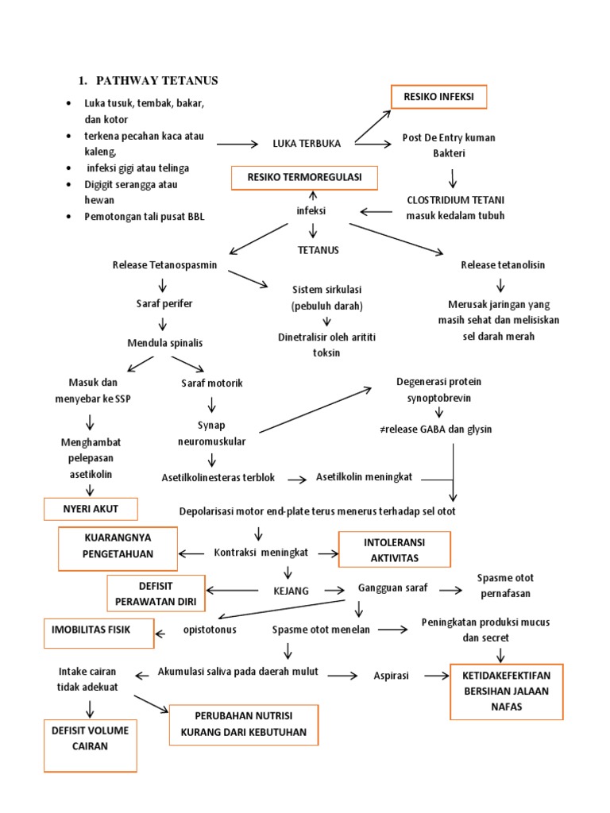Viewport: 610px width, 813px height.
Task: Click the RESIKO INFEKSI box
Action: point(438,97)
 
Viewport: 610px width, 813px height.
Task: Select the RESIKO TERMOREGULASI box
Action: point(304,178)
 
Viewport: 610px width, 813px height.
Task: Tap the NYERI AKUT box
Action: point(91,508)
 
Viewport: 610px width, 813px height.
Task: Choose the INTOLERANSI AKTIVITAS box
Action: point(394,549)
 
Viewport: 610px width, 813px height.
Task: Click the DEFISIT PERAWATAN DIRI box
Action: point(156,593)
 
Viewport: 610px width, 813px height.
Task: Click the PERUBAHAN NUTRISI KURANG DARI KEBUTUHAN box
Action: point(243,723)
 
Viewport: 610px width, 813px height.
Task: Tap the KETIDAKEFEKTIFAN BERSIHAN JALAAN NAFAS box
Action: point(506,691)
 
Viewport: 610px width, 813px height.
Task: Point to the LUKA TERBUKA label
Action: point(307,144)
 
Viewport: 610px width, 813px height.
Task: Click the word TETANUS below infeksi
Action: point(318,250)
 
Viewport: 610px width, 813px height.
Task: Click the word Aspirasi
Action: point(391,675)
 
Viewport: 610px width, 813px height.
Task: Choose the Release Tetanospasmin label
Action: point(165,264)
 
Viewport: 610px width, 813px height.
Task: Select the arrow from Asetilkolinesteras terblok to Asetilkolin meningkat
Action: point(296,479)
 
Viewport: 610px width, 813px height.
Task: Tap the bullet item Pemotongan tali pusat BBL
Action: point(144,217)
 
